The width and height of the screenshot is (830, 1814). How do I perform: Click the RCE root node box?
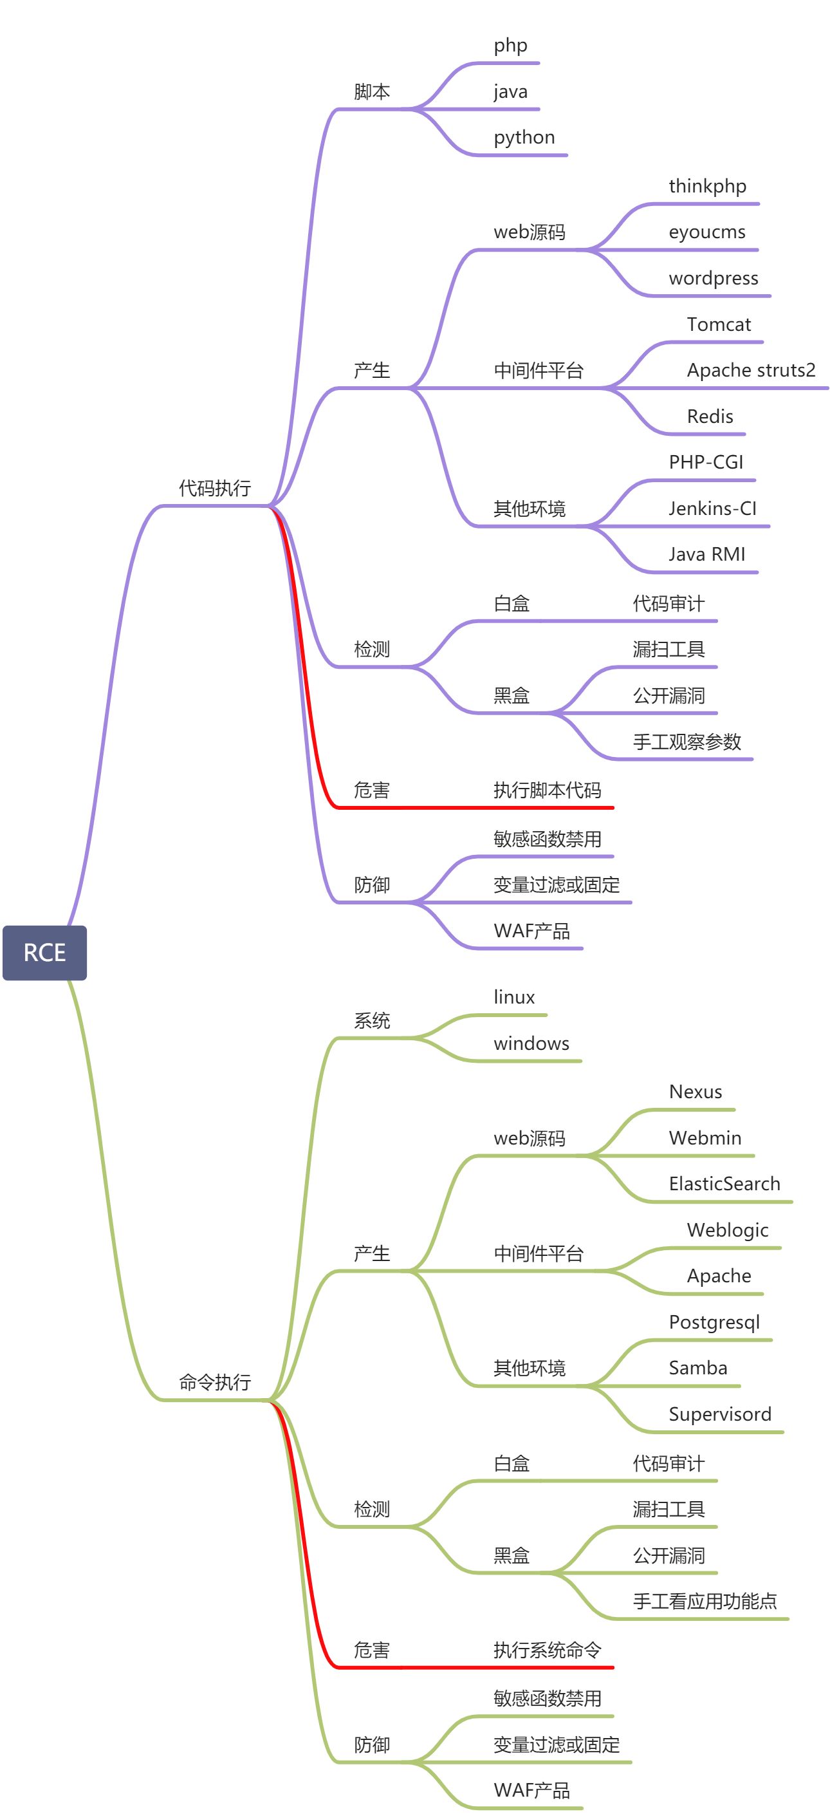[x=44, y=952]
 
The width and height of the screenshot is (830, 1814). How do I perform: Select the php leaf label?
[x=510, y=46]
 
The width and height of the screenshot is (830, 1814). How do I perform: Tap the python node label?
[x=524, y=137]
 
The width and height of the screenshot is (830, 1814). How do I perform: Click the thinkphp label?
[x=707, y=186]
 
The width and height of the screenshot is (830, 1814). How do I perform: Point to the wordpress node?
[x=713, y=278]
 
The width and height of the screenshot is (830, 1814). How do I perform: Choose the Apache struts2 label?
[x=750, y=369]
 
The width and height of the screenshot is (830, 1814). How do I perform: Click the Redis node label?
[x=710, y=416]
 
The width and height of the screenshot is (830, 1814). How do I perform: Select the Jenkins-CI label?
[x=712, y=508]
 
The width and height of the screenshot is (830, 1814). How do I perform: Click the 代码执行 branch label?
[x=215, y=488]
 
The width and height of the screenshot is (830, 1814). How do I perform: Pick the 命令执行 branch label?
[x=215, y=1382]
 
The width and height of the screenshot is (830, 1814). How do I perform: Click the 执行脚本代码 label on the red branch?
[x=547, y=790]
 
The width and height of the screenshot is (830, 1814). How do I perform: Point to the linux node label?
[x=514, y=997]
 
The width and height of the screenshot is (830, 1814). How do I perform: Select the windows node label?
[x=531, y=1043]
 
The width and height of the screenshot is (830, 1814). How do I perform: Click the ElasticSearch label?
[x=724, y=1184]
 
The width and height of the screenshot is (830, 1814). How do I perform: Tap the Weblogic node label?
[x=727, y=1230]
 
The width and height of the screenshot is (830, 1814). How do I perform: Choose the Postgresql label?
[x=714, y=1322]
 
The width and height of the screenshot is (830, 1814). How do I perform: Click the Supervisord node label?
[x=719, y=1414]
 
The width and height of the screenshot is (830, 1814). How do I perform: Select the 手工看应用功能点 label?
[x=704, y=1602]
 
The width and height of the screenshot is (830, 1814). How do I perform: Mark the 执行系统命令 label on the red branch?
[x=547, y=1650]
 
